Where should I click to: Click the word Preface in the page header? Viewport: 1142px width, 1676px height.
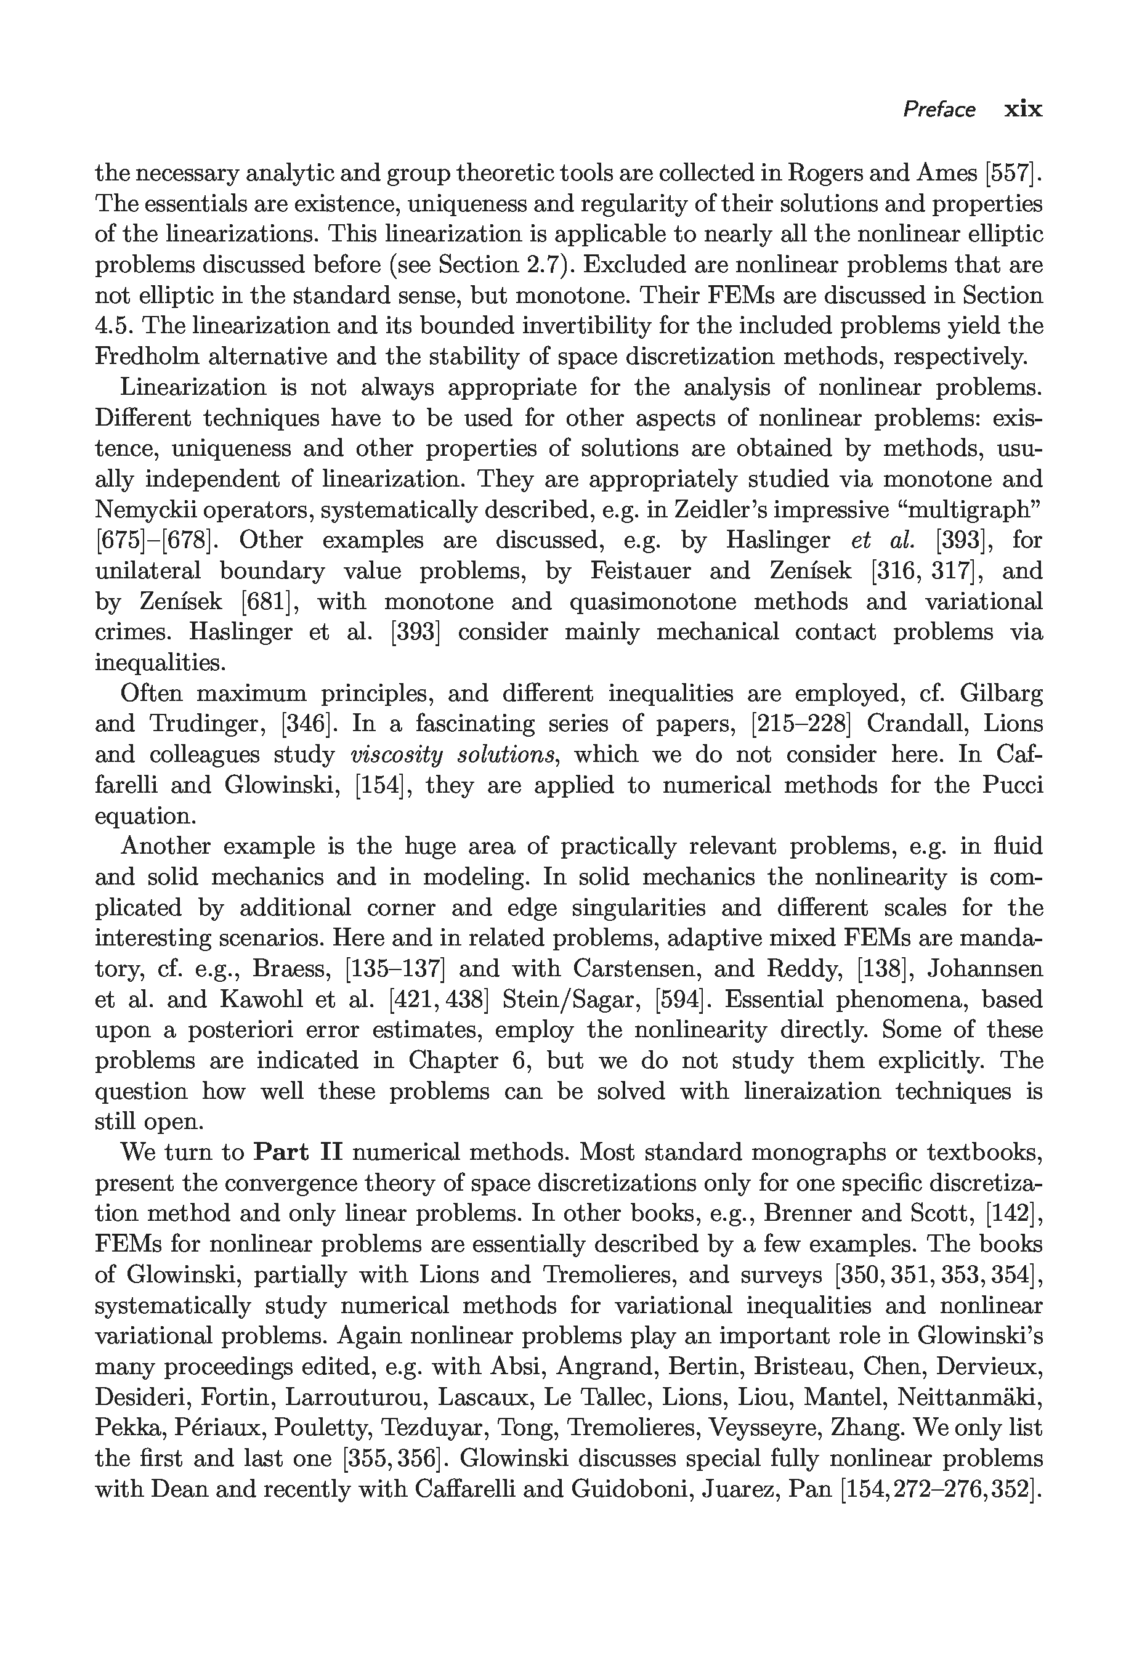click(939, 110)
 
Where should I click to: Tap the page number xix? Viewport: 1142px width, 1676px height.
click(1023, 110)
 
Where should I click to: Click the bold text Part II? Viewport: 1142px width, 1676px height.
click(298, 1152)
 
